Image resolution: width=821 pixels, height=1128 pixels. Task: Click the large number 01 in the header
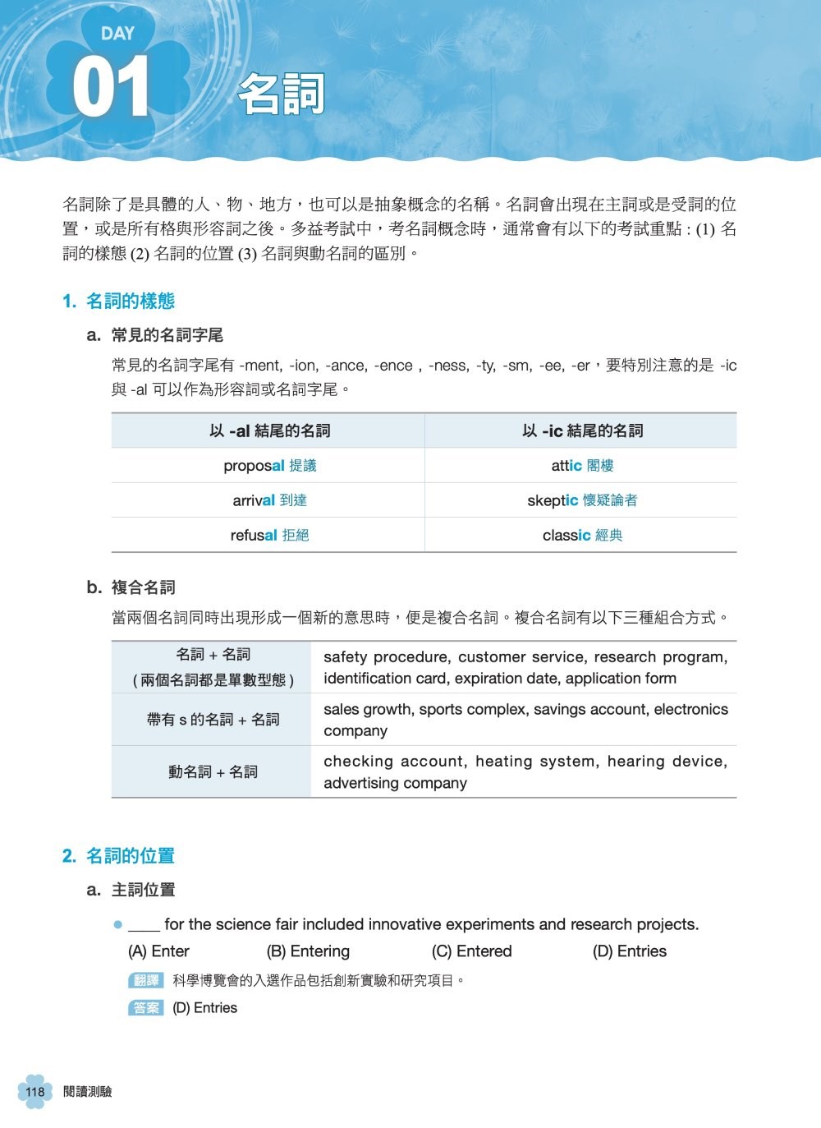[x=111, y=87]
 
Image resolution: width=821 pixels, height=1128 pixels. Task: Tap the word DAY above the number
[x=117, y=34]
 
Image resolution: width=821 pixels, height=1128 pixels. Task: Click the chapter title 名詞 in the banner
[x=282, y=94]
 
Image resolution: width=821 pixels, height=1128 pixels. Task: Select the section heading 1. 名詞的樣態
[x=119, y=302]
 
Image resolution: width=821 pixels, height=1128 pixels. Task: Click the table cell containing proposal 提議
[x=269, y=466]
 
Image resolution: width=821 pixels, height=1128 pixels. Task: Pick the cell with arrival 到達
[x=269, y=500]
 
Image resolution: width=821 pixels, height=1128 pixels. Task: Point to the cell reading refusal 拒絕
[x=269, y=536]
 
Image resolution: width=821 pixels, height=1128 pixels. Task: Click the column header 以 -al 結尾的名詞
[x=269, y=430]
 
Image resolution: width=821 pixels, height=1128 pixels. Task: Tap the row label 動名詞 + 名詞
[x=213, y=772]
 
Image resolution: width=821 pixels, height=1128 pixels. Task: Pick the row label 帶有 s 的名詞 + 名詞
[x=213, y=720]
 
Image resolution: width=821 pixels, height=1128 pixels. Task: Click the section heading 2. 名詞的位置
[x=119, y=856]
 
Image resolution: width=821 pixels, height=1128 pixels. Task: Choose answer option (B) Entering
[x=308, y=951]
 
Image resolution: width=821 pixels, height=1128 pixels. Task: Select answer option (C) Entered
[x=471, y=951]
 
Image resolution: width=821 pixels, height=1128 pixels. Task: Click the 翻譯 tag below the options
[x=146, y=980]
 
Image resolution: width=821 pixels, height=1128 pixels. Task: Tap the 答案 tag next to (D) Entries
[x=146, y=1008]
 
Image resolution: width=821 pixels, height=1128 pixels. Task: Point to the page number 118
[x=34, y=1092]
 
